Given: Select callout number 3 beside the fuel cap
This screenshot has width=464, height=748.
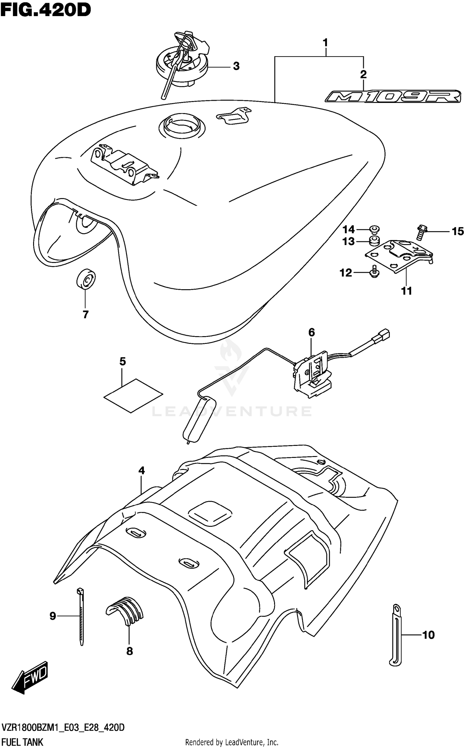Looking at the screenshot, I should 236,66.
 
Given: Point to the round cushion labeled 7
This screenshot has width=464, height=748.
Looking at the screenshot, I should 86,279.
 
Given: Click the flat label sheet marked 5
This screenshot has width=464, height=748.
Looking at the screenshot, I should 133,395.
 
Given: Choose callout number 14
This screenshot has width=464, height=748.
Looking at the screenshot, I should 348,230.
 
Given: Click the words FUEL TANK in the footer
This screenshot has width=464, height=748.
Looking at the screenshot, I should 22,742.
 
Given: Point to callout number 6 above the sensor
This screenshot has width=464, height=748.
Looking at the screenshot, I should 311,332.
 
